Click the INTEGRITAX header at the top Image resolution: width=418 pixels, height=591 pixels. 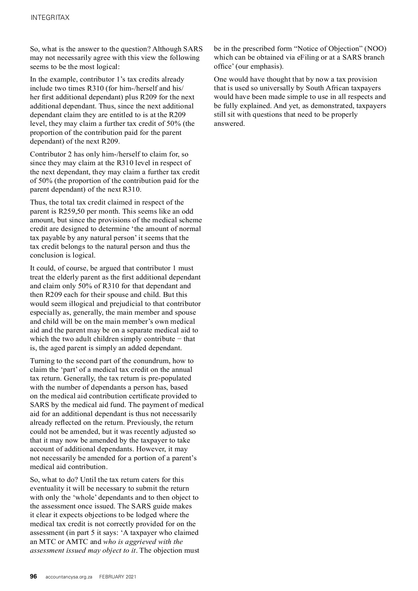point(50,17)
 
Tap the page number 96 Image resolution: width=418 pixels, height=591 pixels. point(33,576)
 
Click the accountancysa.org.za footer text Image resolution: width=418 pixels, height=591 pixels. point(69,577)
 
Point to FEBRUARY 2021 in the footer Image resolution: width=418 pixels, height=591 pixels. point(118,577)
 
